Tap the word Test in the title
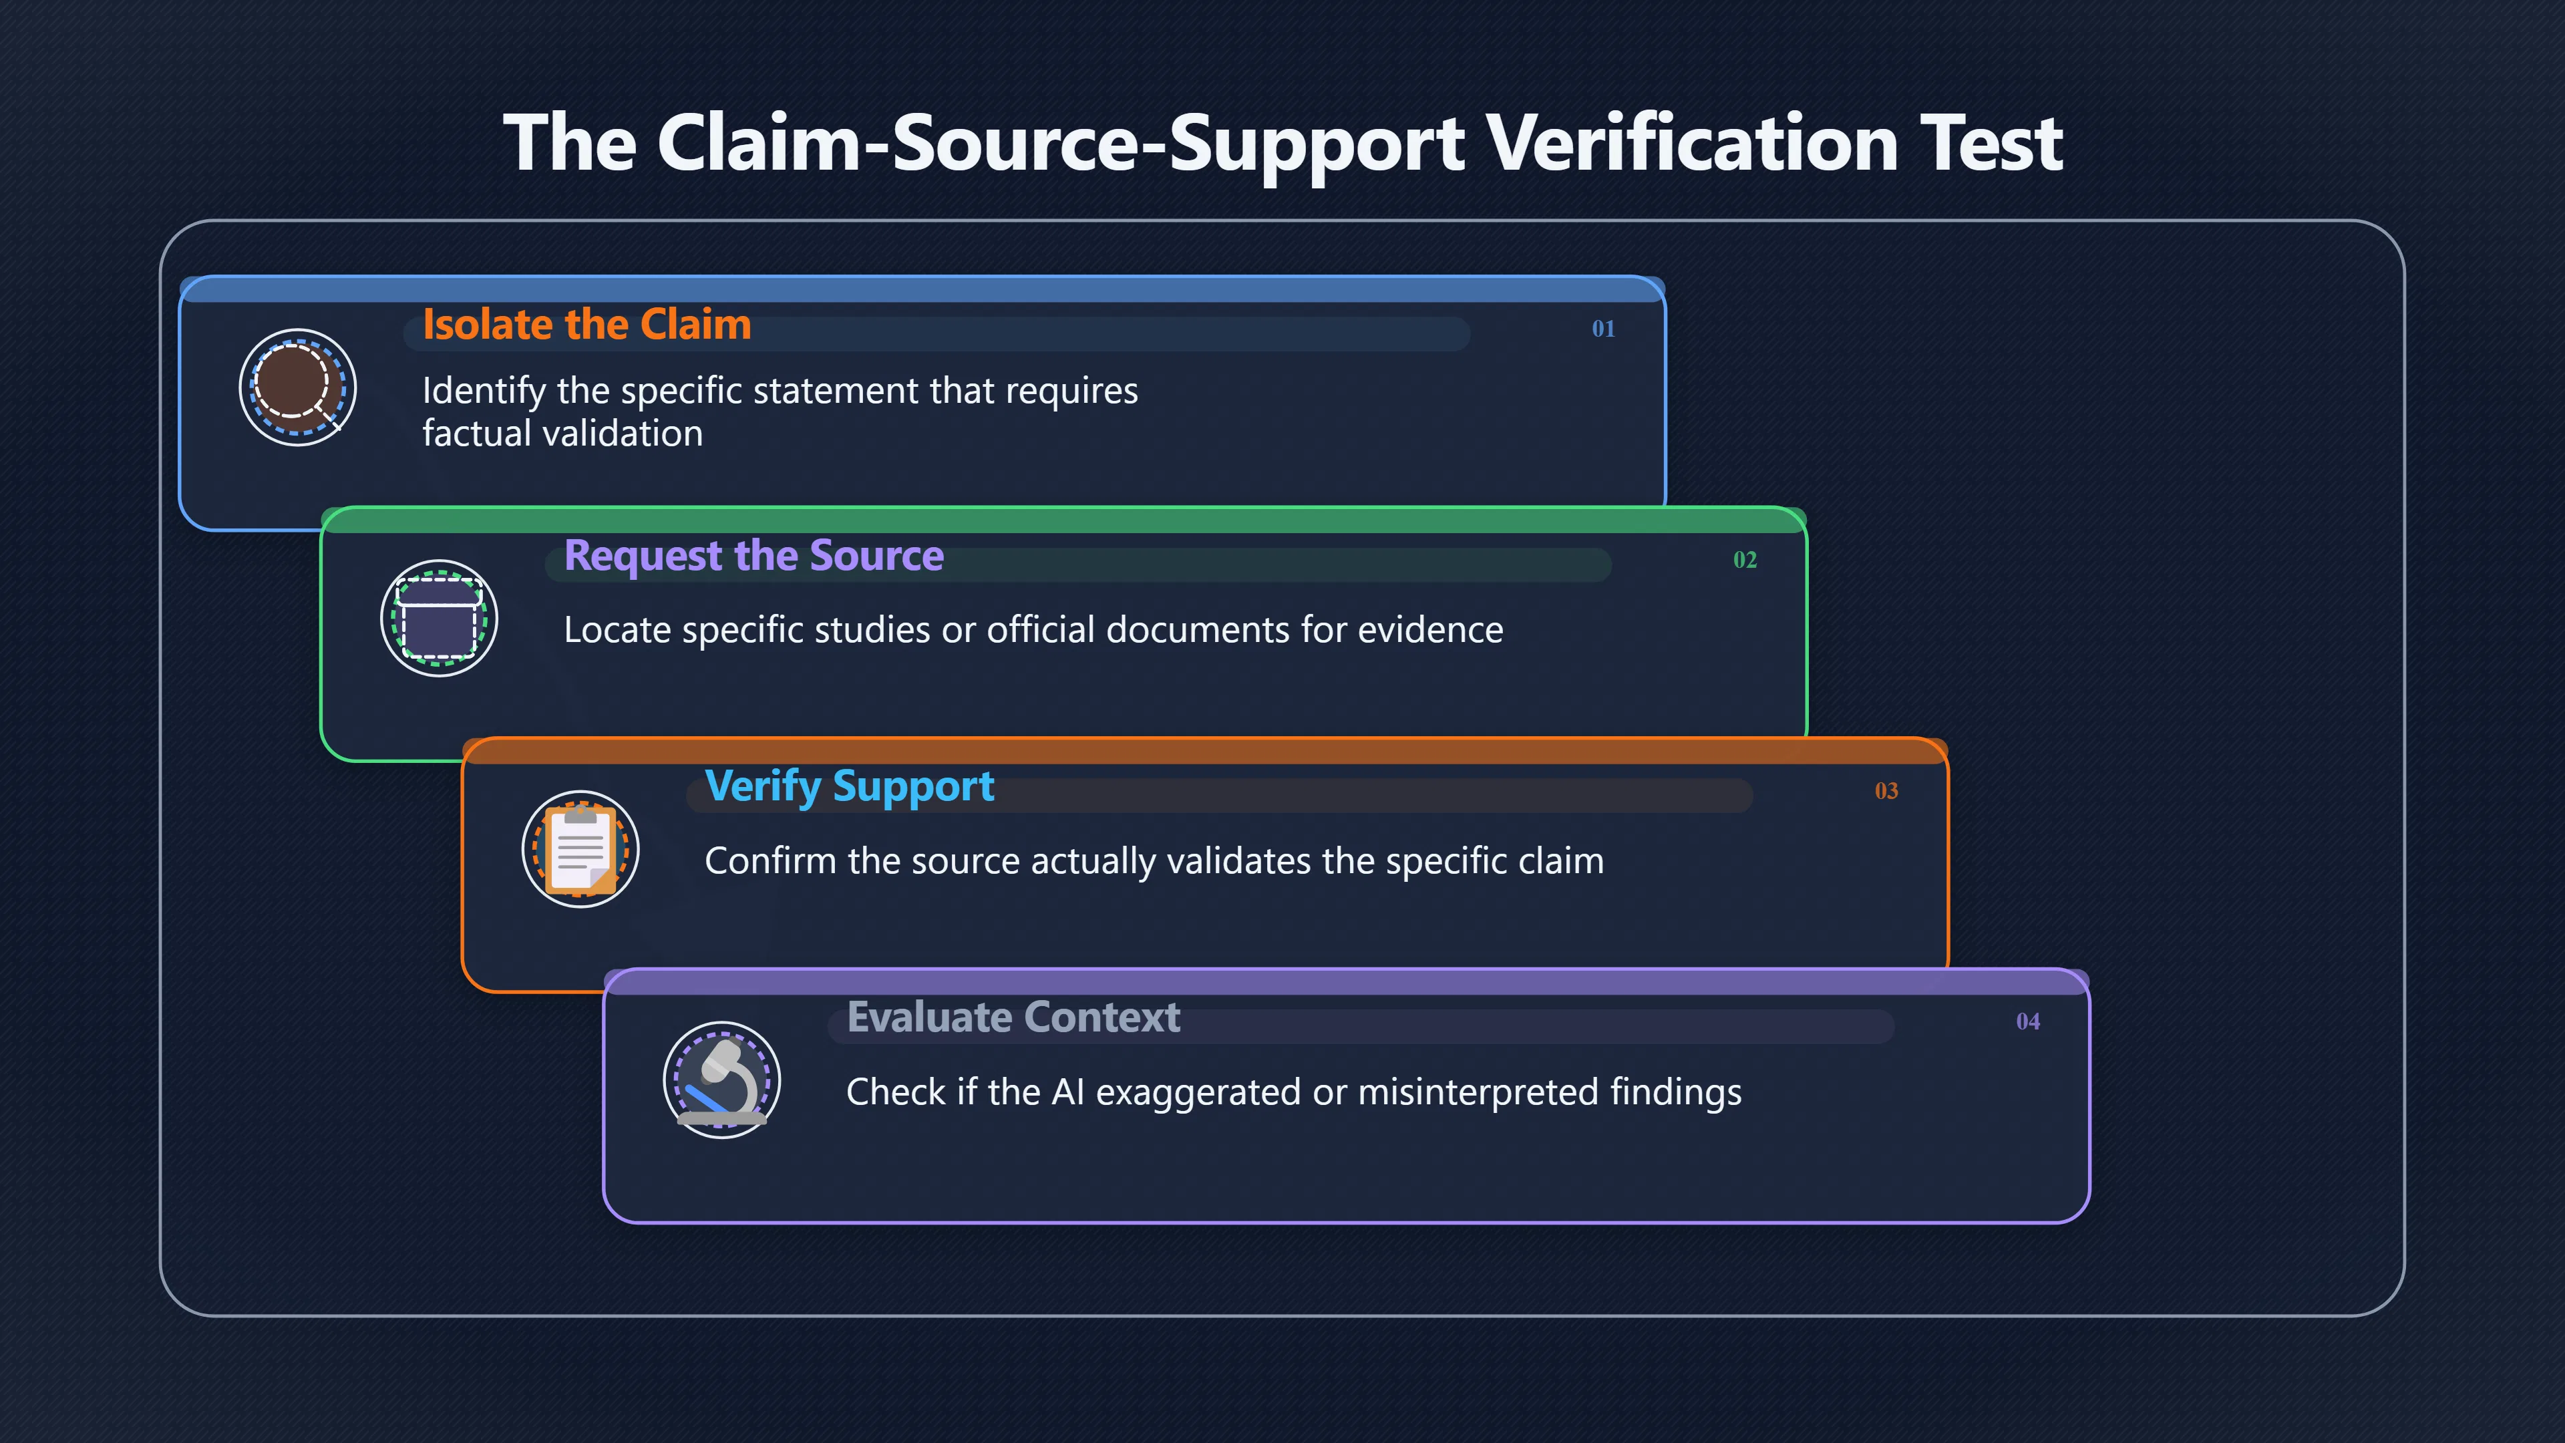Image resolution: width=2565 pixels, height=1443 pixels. click(1993, 142)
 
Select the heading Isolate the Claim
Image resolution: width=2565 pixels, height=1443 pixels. click(586, 325)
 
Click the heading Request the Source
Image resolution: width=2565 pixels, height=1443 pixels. click(753, 556)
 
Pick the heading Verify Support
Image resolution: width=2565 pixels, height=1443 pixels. click(850, 787)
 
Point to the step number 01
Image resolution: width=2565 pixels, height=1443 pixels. click(1603, 329)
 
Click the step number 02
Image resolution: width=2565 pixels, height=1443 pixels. click(1745, 560)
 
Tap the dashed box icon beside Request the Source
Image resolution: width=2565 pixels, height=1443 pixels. click(439, 619)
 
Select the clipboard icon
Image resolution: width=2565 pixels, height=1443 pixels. click(580, 850)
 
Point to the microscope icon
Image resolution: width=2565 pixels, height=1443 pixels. click(722, 1080)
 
